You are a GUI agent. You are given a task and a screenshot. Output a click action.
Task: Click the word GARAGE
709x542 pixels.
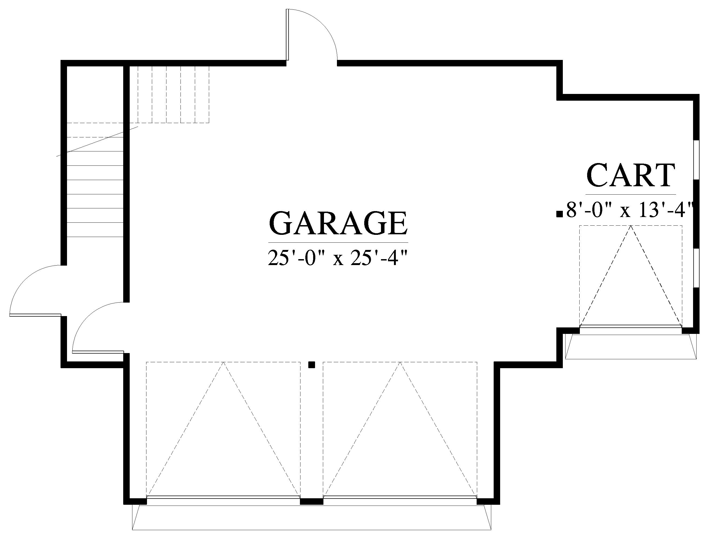pyautogui.click(x=338, y=223)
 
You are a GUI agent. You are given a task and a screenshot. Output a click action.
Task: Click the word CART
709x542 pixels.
pyautogui.click(x=631, y=175)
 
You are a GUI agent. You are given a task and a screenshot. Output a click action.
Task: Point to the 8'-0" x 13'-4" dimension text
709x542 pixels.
pyautogui.click(x=630, y=210)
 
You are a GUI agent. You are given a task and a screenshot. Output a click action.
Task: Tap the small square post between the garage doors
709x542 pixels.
pyautogui.click(x=312, y=365)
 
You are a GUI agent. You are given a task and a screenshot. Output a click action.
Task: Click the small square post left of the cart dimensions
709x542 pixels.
pyautogui.click(x=560, y=214)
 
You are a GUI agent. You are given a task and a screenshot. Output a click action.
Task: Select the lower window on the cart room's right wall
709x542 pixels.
pyautogui.click(x=696, y=267)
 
